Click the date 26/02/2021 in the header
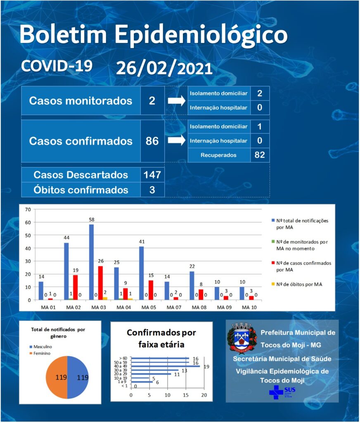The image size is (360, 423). click(x=164, y=68)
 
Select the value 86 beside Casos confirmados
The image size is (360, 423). click(x=152, y=141)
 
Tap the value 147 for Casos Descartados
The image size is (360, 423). click(x=152, y=175)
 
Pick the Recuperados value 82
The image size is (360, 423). click(x=259, y=155)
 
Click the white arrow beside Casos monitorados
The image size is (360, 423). click(x=177, y=101)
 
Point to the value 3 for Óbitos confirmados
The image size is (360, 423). click(x=152, y=190)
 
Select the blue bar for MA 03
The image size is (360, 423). click(x=91, y=262)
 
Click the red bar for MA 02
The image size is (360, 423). click(x=75, y=288)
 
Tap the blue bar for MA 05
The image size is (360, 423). click(x=142, y=273)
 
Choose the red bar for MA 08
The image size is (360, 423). click(x=201, y=295)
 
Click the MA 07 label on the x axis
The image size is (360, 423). click(x=174, y=307)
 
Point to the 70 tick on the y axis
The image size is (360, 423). click(x=28, y=209)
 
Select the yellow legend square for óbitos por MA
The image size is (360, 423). click(x=273, y=284)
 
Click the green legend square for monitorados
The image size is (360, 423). click(x=273, y=242)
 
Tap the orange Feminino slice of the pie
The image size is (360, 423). click(x=57, y=377)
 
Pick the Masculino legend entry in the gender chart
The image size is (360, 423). click(x=41, y=347)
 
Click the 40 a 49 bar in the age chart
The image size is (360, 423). click(x=165, y=366)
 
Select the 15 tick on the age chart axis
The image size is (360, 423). click(x=186, y=395)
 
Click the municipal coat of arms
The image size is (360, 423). click(x=242, y=337)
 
